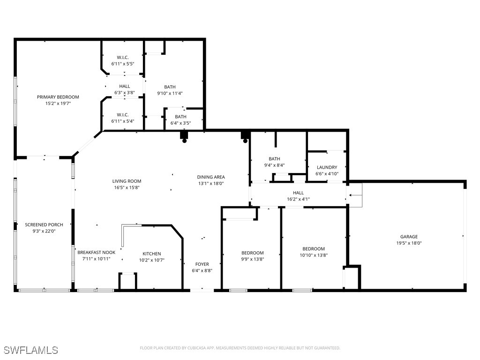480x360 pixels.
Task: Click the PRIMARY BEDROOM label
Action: (x=58, y=97)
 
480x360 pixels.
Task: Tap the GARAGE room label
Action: (x=409, y=237)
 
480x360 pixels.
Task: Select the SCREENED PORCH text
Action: (x=44, y=225)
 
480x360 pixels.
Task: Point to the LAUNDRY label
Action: (x=327, y=167)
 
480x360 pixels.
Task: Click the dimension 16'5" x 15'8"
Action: (x=127, y=187)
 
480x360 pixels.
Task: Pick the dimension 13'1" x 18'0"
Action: (x=210, y=183)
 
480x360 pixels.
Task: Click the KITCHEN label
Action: (x=151, y=254)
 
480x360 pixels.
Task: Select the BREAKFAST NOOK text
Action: (x=96, y=252)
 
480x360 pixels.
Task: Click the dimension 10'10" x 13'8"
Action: (x=314, y=255)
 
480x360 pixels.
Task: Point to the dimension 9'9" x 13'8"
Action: (x=253, y=259)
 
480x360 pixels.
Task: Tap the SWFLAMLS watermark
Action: (x=30, y=350)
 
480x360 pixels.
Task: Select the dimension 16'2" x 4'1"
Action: (x=298, y=199)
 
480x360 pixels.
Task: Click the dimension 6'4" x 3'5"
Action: (x=180, y=123)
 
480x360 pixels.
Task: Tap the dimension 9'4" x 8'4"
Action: (x=274, y=165)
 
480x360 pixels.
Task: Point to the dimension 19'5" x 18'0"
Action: (x=409, y=243)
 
